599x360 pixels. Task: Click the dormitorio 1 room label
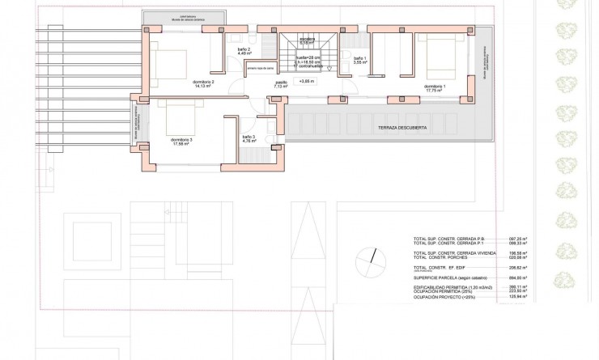pyautogui.click(x=434, y=87)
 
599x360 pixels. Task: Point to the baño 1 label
pyautogui.click(x=359, y=59)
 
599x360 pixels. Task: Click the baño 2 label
pyautogui.click(x=244, y=51)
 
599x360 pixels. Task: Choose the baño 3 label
pyautogui.click(x=249, y=138)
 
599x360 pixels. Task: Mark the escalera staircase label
pyautogui.click(x=307, y=39)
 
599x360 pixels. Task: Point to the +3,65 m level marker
pyautogui.click(x=307, y=82)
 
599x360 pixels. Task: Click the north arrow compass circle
pyautogui.click(x=374, y=255)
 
